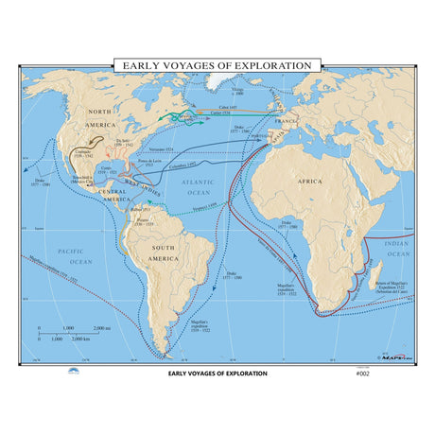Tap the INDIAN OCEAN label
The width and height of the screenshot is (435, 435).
tap(399, 249)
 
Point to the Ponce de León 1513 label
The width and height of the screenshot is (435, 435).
tap(143, 165)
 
